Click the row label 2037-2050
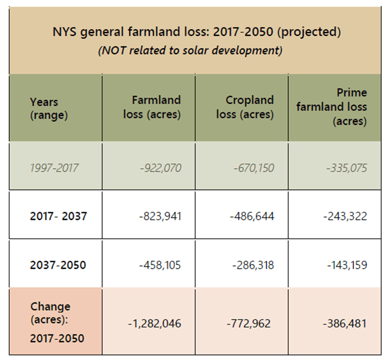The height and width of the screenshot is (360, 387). pos(58,265)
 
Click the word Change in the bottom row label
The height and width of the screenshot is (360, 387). pos(50,307)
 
